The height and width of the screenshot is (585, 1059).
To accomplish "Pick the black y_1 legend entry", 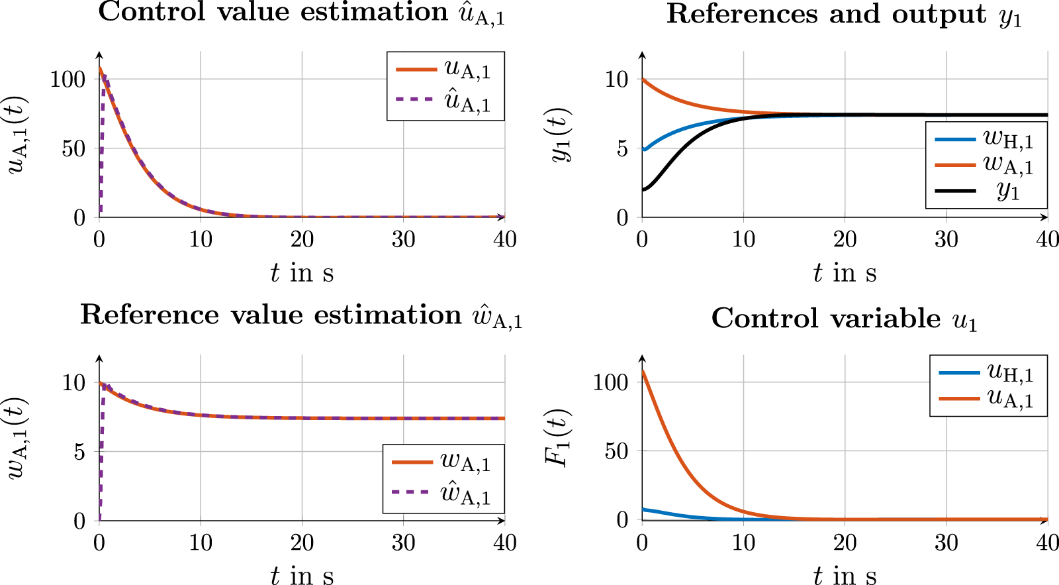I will [x=986, y=191].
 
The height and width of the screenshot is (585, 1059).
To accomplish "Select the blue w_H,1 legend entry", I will [x=986, y=139].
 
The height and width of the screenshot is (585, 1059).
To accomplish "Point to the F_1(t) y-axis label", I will [x=557, y=438].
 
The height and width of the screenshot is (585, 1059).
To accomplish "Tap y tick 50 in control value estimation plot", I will [x=73, y=148].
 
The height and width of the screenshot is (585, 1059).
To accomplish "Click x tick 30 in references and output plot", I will [x=946, y=240].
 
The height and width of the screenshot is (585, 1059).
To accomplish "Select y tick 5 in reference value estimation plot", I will [x=79, y=452].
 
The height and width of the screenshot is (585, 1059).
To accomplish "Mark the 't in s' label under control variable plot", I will [x=844, y=575].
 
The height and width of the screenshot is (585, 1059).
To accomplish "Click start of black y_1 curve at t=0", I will [x=643, y=190].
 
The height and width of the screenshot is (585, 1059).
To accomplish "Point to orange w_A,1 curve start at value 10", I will [x=643, y=80].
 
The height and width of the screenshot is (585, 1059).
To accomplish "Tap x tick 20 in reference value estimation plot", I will [x=302, y=543].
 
